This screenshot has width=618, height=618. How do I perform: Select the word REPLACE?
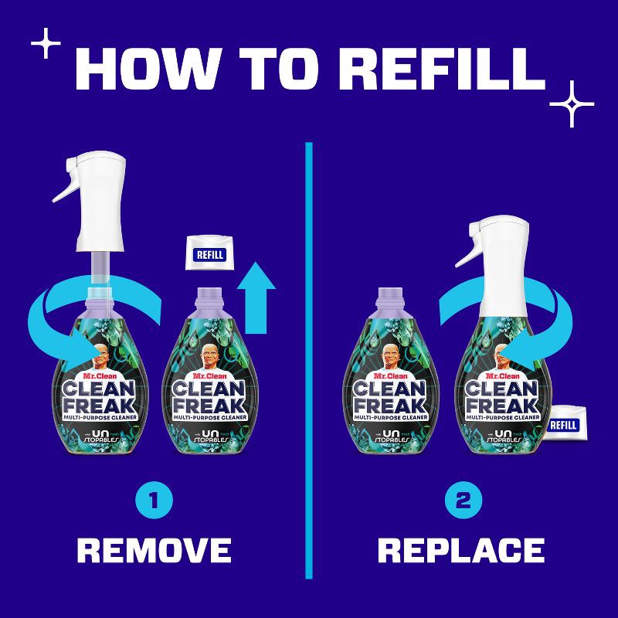click(x=461, y=550)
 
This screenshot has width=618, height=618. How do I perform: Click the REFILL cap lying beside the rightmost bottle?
click(x=564, y=426)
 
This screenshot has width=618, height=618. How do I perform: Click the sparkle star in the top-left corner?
click(x=49, y=46)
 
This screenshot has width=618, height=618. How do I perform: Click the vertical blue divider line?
click(x=309, y=363)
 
